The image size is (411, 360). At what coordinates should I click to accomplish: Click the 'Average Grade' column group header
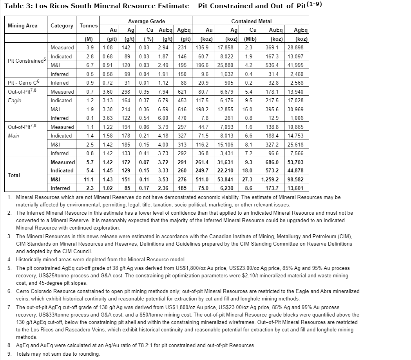(x=146, y=21)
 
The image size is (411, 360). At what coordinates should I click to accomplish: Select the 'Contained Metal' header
(x=251, y=21)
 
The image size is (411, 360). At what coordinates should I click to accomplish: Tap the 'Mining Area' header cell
(x=23, y=25)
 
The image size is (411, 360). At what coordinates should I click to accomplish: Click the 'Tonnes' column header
(x=89, y=25)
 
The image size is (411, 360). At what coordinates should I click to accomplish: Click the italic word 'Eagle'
(x=15, y=100)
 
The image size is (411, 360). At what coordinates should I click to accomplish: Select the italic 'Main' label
(x=14, y=136)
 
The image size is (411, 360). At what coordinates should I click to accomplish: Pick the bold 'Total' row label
(x=14, y=175)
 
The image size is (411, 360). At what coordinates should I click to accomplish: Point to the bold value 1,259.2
(x=273, y=179)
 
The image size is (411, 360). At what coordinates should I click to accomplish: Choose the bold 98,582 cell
(x=299, y=179)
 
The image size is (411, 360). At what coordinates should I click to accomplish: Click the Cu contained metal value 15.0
(x=247, y=109)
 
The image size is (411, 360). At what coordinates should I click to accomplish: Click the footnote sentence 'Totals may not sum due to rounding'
(x=58, y=354)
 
